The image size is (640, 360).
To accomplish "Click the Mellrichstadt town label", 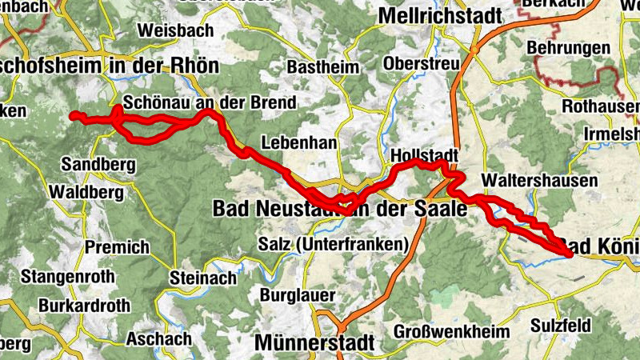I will pyautogui.click(x=440, y=15).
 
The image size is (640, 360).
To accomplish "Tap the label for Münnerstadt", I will pyautogui.click(x=314, y=342).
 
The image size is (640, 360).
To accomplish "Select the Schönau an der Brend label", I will pyautogui.click(x=210, y=103).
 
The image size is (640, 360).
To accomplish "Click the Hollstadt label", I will pyautogui.click(x=424, y=154).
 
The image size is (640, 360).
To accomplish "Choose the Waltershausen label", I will pyautogui.click(x=540, y=181).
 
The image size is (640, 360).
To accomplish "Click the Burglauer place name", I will pyautogui.click(x=298, y=295).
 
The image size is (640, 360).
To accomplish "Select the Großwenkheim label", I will pyautogui.click(x=451, y=331).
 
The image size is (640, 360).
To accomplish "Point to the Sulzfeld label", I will pyautogui.click(x=560, y=326).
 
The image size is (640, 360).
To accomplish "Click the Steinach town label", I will pyautogui.click(x=203, y=278).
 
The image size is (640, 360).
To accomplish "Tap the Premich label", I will pyautogui.click(x=117, y=247).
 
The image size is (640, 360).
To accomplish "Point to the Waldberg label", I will pyautogui.click(x=86, y=192).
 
